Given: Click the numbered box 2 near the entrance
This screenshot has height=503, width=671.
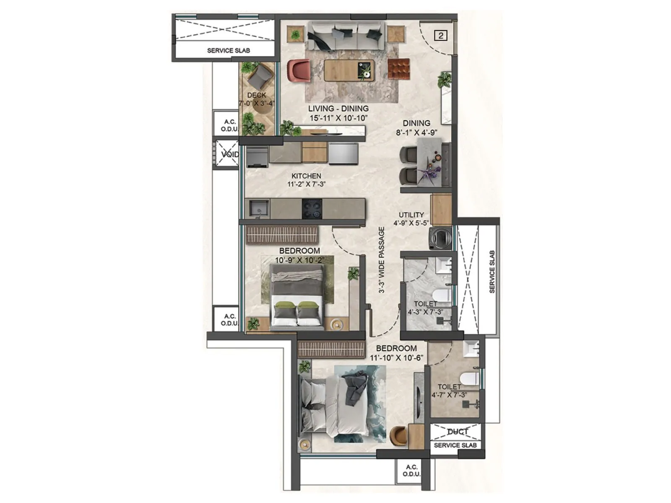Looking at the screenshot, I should [441, 36].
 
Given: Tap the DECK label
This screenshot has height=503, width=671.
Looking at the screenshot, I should [257, 95].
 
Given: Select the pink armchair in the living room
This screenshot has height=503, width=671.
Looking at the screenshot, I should [299, 70].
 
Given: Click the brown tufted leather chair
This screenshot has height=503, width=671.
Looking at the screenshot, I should [398, 69].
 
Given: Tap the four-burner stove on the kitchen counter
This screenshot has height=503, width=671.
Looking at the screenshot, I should [312, 209].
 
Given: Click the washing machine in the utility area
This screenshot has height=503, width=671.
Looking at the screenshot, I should [440, 238].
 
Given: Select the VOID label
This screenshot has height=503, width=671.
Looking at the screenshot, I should [229, 154].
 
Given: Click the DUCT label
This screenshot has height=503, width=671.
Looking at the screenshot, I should [457, 432].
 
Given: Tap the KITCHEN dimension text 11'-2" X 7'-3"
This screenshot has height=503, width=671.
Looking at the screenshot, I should [307, 184].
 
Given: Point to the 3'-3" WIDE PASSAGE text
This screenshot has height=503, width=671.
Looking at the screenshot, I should [382, 260].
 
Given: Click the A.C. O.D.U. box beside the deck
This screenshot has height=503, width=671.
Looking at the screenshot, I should [229, 125].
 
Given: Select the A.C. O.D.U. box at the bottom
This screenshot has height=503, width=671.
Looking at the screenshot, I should [411, 470].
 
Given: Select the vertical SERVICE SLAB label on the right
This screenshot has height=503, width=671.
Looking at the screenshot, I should [492, 272].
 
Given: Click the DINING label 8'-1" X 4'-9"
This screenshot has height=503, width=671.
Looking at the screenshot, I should [416, 127].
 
